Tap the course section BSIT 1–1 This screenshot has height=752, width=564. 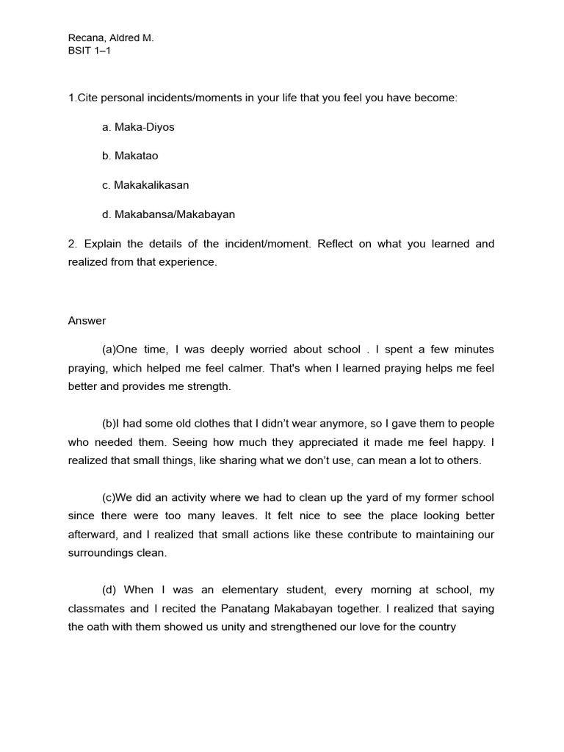pyautogui.click(x=90, y=51)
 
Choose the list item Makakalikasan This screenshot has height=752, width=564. pyautogui.click(x=145, y=185)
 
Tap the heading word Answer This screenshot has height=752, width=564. pyautogui.click(x=87, y=320)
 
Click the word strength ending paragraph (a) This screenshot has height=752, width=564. pyautogui.click(x=209, y=386)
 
